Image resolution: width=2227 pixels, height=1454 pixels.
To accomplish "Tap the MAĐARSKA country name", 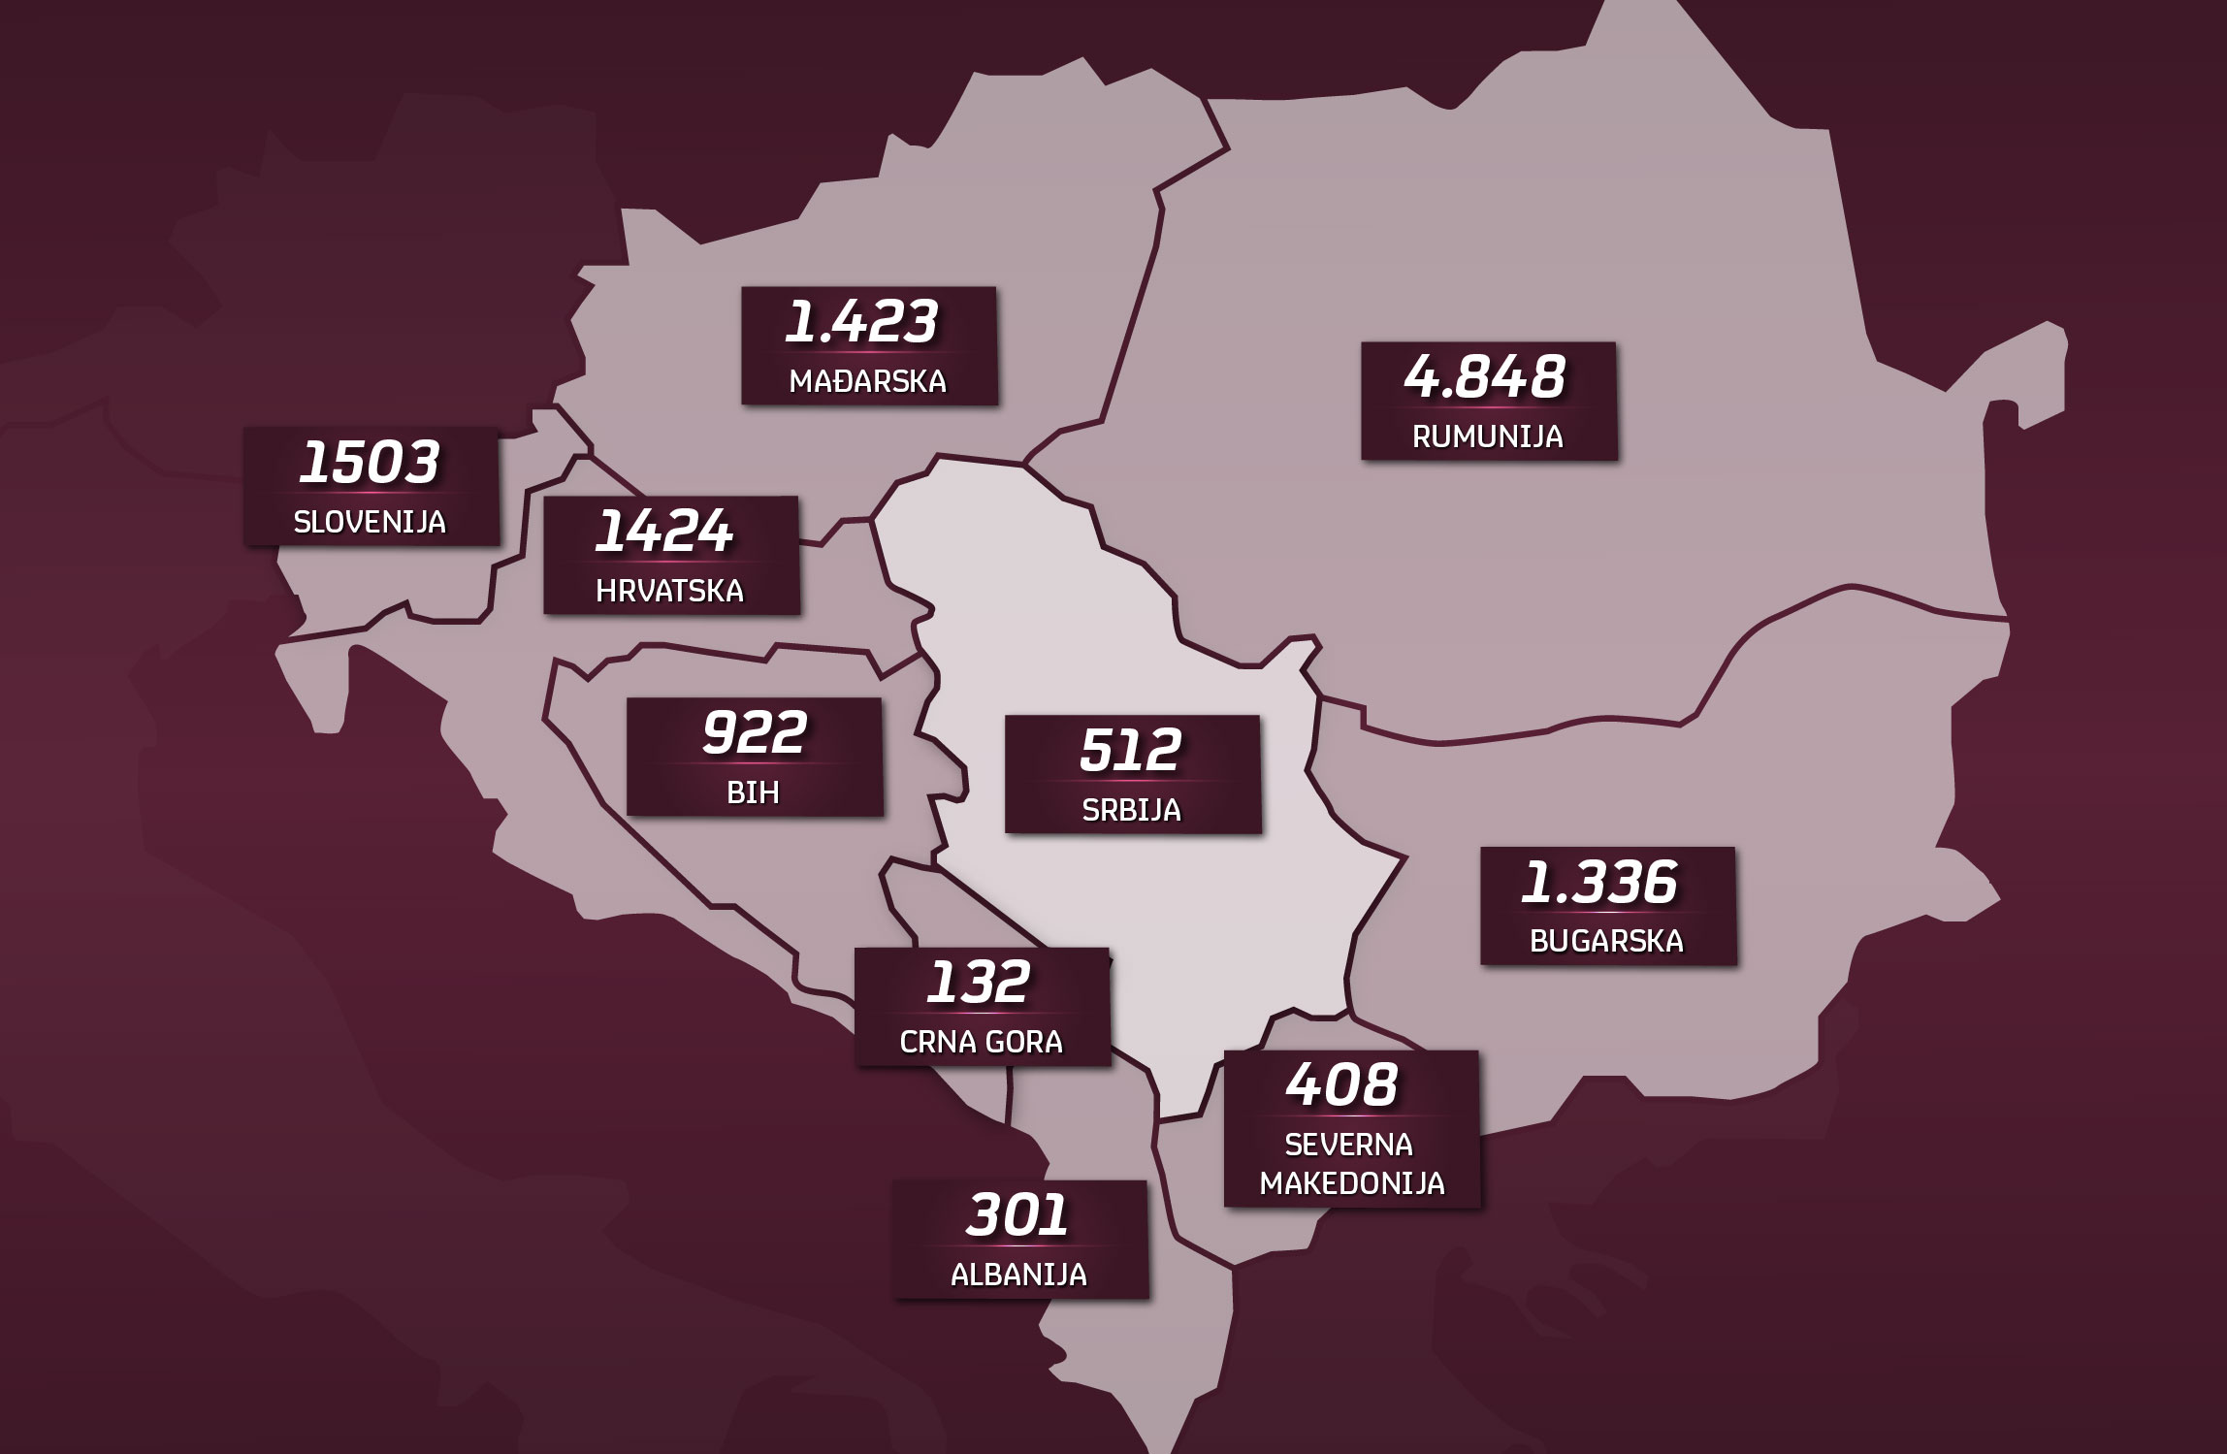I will [x=868, y=381].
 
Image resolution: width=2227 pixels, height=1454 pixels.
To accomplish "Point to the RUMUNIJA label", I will [x=1488, y=436].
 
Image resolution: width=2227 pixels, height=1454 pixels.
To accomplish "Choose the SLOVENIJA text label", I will [x=370, y=522].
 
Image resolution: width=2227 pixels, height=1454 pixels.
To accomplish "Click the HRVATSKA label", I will [x=670, y=591].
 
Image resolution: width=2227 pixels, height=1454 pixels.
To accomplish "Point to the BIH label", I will [x=754, y=792].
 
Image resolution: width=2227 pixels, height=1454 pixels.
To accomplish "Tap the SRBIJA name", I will [x=1132, y=810].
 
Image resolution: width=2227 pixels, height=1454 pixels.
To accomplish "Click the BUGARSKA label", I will [x=1606, y=942].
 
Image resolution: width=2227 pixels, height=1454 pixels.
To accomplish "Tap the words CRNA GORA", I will [x=982, y=1042].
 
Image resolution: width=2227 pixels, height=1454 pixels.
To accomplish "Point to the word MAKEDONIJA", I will [x=1352, y=1183].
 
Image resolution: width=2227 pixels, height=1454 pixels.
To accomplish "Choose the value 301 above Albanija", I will [x=1017, y=1215].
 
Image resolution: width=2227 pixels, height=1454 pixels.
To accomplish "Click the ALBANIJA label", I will [x=1018, y=1274].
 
